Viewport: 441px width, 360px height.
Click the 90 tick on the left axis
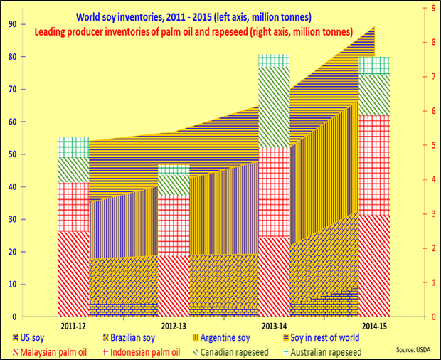pyautogui.click(x=13, y=23)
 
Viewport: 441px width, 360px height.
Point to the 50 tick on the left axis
pyautogui.click(x=13, y=154)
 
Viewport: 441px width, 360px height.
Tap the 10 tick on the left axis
pyautogui.click(x=13, y=284)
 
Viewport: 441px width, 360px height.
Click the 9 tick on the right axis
pyautogui.click(x=425, y=8)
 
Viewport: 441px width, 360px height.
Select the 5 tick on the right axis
pyautogui.click(x=425, y=145)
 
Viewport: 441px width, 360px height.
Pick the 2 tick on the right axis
pyautogui.click(x=425, y=248)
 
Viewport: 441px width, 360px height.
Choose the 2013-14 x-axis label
pyautogui.click(x=275, y=327)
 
